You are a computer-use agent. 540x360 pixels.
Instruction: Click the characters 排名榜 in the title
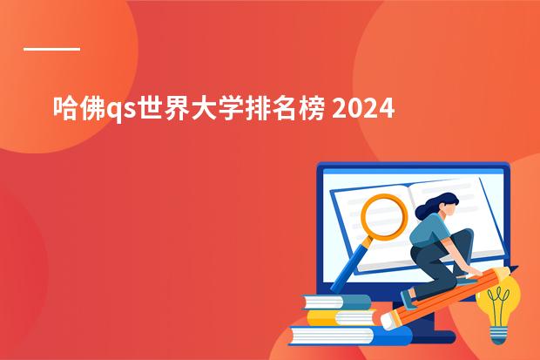285,108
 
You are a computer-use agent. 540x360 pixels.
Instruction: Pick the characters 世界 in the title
164,108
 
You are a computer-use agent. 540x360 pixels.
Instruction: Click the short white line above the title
51,50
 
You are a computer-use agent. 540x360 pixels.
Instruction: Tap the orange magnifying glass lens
384,216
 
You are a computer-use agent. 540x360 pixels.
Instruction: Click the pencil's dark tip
513,268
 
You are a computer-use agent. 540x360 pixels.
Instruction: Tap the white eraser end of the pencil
387,322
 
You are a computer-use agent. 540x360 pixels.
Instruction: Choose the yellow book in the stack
341,318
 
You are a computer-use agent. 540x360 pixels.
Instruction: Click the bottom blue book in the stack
351,336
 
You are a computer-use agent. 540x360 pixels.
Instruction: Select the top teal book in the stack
336,302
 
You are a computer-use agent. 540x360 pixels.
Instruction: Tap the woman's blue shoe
408,299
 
